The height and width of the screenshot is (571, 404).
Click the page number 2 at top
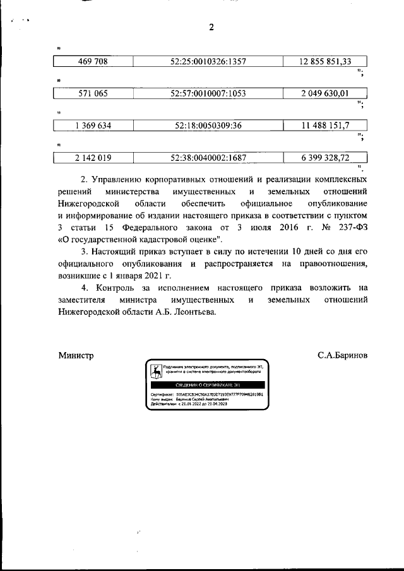[212, 26]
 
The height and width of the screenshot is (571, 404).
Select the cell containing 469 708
[93, 62]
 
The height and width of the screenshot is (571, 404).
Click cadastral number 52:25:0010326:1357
[208, 62]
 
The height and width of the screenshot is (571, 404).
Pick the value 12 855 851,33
[325, 62]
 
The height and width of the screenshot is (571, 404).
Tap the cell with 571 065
[93, 93]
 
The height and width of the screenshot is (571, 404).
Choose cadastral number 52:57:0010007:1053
[208, 93]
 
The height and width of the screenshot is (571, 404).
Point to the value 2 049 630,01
[325, 93]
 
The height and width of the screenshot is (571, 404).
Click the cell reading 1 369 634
[93, 126]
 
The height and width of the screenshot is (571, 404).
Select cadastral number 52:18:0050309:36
[208, 126]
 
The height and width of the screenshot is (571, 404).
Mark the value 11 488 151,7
[325, 126]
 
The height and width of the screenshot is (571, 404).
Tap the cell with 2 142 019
[93, 158]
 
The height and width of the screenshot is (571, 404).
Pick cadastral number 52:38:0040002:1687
[208, 158]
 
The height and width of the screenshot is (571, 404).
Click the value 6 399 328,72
[325, 158]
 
